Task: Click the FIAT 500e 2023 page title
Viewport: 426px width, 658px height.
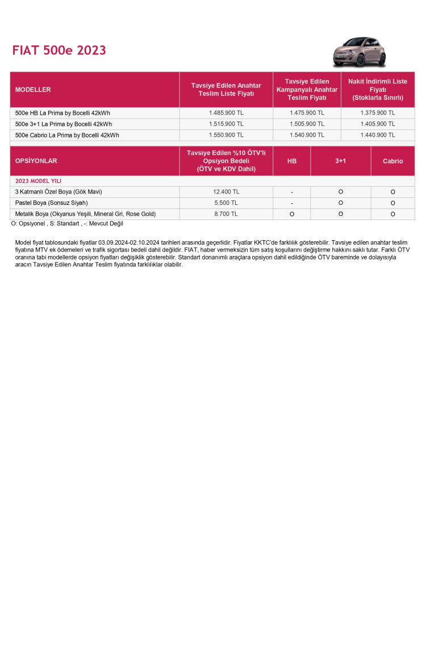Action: [59, 51]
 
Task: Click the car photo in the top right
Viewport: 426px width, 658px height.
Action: [359, 52]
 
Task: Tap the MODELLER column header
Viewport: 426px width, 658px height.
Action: [33, 90]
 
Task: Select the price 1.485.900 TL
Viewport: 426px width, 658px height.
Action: [226, 113]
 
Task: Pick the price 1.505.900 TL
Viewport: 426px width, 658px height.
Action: [307, 124]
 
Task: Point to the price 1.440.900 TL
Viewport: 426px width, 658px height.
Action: [378, 135]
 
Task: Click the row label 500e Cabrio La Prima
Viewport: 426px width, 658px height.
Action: [67, 135]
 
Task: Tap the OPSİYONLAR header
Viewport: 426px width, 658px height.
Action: [36, 161]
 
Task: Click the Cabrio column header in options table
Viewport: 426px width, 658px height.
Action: [392, 161]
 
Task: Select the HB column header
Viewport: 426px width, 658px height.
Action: [291, 161]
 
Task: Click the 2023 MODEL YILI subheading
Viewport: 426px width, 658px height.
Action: [38, 181]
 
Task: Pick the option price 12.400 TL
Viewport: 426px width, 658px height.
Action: [226, 192]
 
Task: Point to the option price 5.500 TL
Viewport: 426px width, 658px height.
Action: [226, 203]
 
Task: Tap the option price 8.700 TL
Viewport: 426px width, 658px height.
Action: [226, 214]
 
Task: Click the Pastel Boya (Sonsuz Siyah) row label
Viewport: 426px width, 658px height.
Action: [52, 203]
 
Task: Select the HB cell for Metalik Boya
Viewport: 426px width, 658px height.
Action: [291, 214]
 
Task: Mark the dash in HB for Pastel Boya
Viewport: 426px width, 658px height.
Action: [291, 203]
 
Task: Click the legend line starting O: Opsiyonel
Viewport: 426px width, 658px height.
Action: [67, 224]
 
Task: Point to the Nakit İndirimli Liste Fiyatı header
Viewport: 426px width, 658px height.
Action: [378, 90]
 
